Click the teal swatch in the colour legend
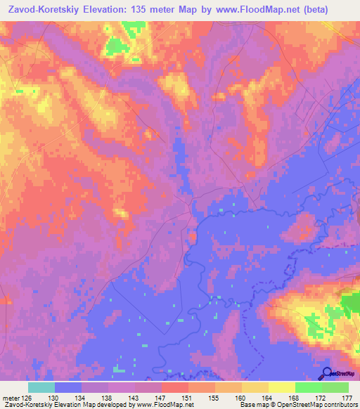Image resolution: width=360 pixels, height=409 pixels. tap(41, 387)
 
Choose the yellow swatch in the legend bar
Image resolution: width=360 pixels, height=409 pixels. tap(282, 387)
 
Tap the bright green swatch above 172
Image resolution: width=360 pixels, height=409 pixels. tap(308, 387)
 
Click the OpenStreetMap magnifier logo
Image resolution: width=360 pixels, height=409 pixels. tap(327, 374)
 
